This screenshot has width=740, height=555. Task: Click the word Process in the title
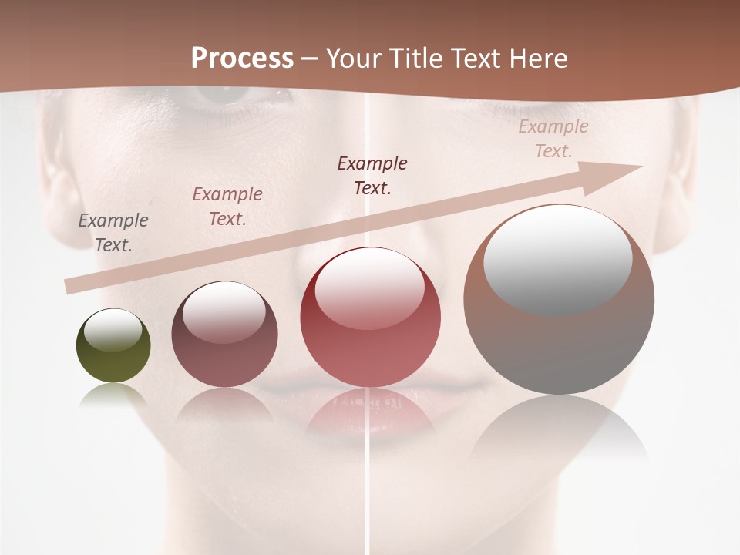[x=242, y=58]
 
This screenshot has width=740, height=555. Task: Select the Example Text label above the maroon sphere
[x=227, y=207]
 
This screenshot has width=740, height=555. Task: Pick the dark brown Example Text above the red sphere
[x=372, y=175]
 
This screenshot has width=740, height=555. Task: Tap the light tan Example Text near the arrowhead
[x=553, y=139]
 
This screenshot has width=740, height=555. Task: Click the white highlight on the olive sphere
[x=113, y=331]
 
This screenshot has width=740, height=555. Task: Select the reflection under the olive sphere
[x=113, y=396]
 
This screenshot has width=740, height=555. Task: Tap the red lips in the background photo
[x=362, y=416]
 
